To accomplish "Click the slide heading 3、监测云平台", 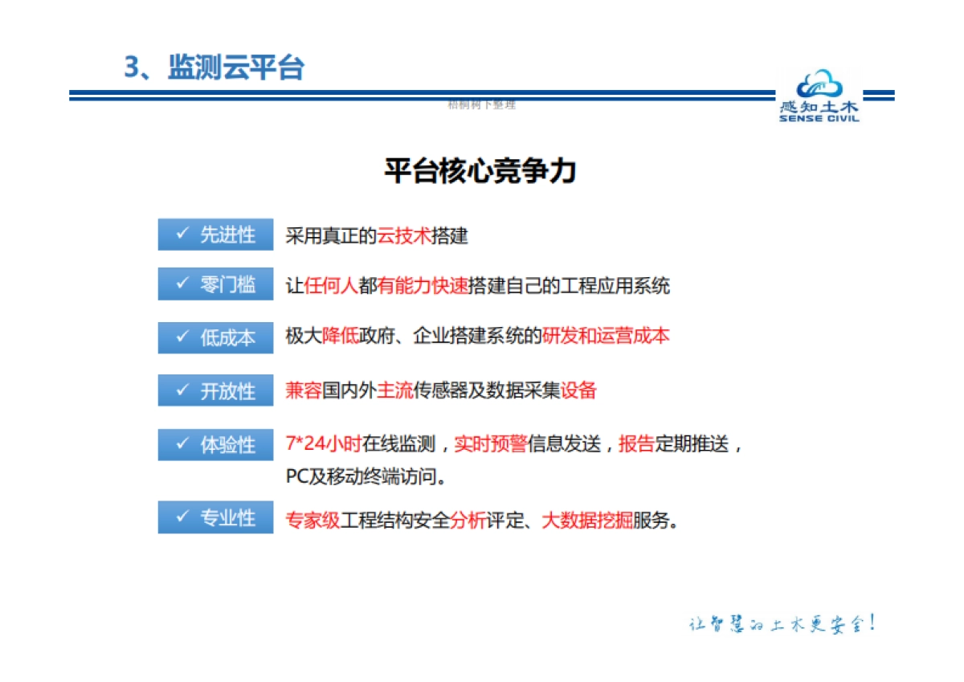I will tap(214, 67).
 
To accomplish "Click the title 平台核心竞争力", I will tap(480, 171).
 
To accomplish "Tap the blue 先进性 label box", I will tap(215, 235).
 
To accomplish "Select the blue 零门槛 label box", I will tap(215, 284).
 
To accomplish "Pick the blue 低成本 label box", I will tap(215, 337).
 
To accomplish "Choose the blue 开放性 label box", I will tap(215, 391).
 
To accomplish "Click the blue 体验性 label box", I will tap(215, 444).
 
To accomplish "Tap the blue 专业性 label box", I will tap(215, 518).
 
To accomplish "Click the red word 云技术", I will tap(404, 236).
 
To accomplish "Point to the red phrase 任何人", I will tap(331, 285).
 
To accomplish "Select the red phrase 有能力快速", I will tap(423, 285).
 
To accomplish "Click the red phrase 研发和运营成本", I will tap(606, 336).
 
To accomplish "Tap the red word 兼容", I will tap(304, 391).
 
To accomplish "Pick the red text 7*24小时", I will tap(323, 443).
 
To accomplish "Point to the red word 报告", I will tap(636, 443).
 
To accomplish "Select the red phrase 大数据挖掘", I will tap(587, 520).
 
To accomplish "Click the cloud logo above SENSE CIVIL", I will tap(818, 86).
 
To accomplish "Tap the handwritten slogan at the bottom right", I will tap(781, 623).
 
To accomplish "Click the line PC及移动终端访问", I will tap(366, 476).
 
